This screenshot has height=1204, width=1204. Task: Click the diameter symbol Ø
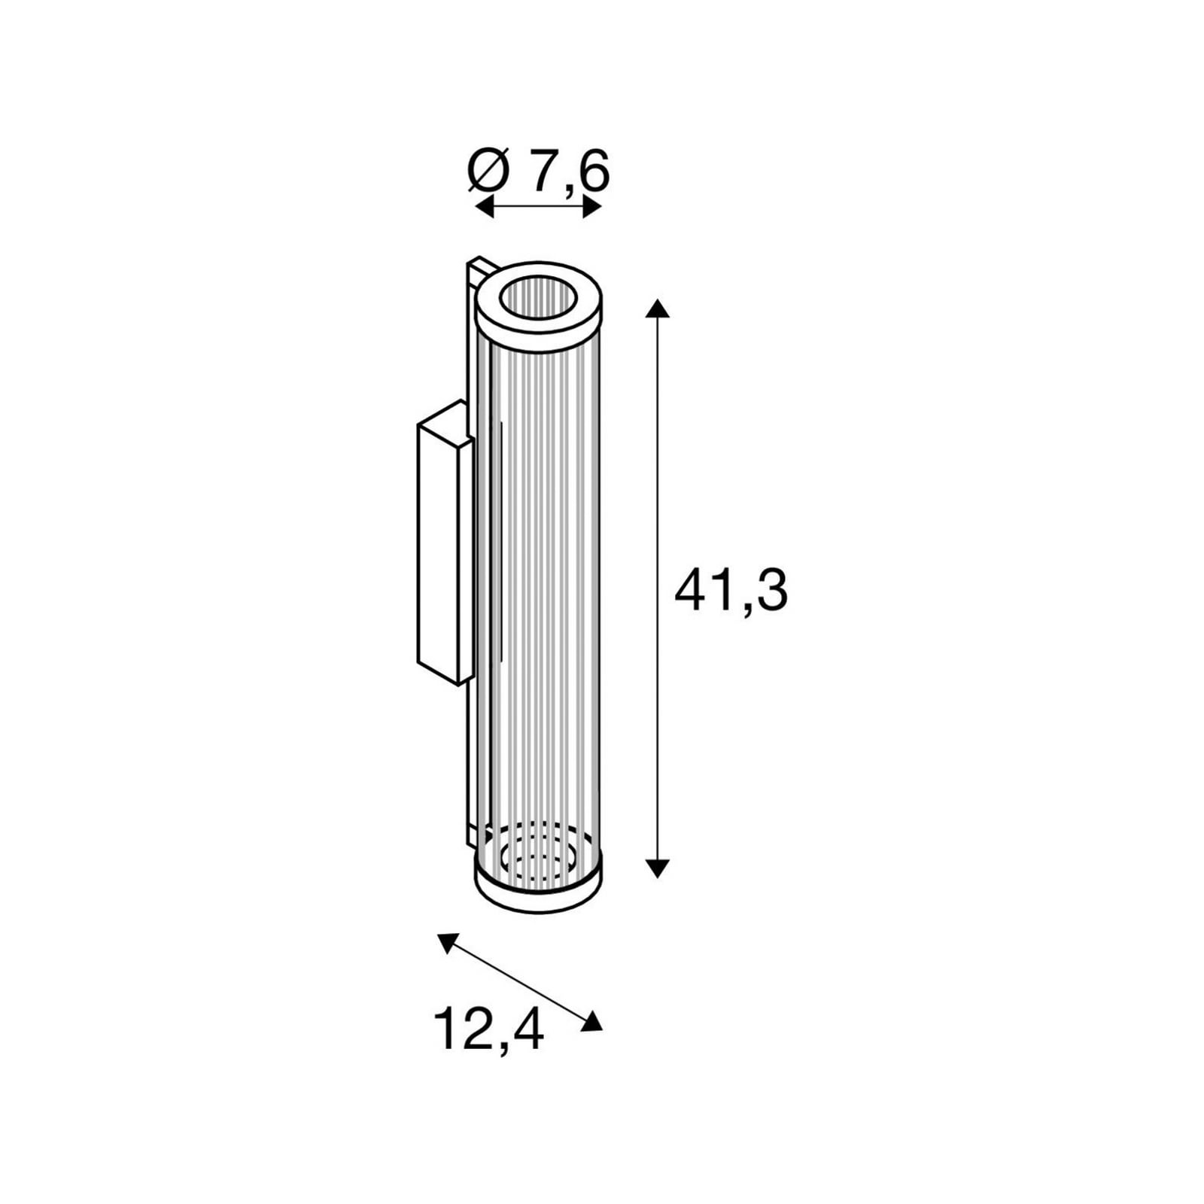click(x=489, y=172)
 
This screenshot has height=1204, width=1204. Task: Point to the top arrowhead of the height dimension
click(x=658, y=308)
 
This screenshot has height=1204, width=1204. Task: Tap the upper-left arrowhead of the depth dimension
click(x=447, y=942)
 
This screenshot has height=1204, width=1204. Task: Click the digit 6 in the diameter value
click(x=594, y=172)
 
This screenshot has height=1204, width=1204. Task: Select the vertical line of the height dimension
click(x=658, y=587)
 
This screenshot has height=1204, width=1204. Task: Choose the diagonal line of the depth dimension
click(x=519, y=981)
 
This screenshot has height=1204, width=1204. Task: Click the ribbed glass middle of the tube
click(x=546, y=587)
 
